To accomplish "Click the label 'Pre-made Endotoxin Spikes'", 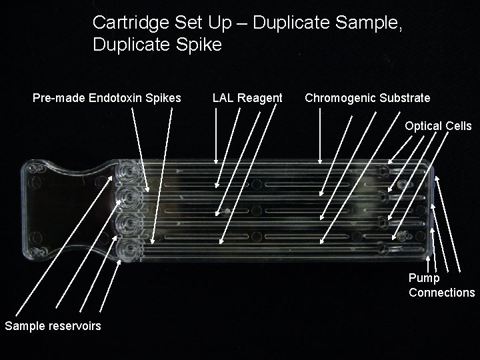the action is (x=107, y=98).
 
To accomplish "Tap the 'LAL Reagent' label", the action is (x=247, y=98).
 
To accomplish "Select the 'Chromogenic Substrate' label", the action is (x=367, y=98).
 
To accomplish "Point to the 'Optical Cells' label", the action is (x=438, y=126).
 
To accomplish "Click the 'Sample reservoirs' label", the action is (x=53, y=325).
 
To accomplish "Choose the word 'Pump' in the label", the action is (x=424, y=278).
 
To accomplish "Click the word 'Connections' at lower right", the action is (x=441, y=293).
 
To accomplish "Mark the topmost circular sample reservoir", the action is (x=125, y=171).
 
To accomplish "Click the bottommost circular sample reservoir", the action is (x=125, y=251).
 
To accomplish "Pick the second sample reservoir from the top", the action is (x=125, y=198).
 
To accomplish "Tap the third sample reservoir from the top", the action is (x=125, y=225).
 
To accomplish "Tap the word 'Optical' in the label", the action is (x=421, y=126).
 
